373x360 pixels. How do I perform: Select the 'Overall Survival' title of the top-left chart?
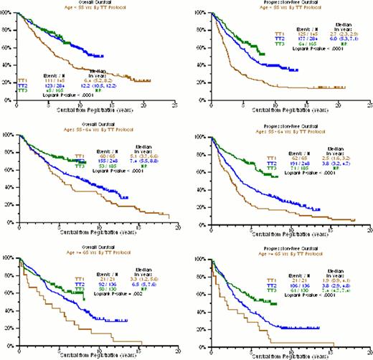tap(95, 2)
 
